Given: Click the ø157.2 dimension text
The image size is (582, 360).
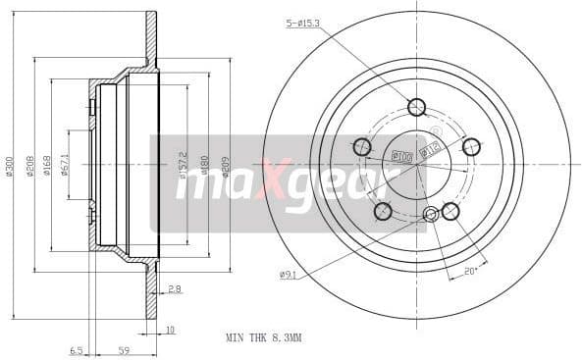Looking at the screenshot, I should (x=184, y=167).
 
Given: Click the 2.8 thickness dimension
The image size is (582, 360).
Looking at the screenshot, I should (x=174, y=289).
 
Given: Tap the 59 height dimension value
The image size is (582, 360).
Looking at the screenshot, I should (x=123, y=348).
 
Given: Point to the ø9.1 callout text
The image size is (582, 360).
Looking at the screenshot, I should (x=287, y=275).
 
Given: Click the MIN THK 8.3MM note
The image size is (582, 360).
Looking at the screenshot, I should (x=263, y=337).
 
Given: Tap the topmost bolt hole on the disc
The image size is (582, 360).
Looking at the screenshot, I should (x=416, y=107).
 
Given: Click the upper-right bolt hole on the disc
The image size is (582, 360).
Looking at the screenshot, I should (x=471, y=147).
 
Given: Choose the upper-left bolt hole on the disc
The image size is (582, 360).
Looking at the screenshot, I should (x=361, y=147).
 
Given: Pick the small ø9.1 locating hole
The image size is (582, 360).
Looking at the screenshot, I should (x=430, y=215).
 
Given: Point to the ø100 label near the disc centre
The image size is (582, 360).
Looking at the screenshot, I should (x=400, y=155).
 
